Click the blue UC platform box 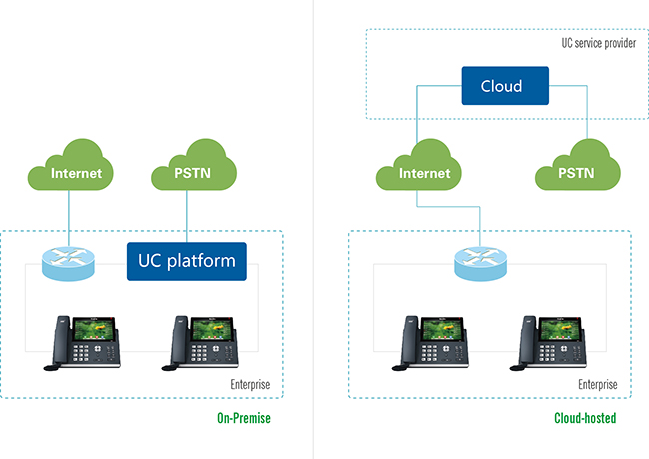(187, 261)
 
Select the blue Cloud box (505, 86)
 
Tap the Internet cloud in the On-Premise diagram (70, 165)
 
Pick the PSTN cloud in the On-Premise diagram (194, 165)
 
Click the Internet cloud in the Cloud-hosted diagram (419, 165)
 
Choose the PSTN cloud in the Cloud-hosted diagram (578, 165)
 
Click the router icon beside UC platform (68, 263)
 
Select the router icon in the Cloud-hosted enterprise (480, 263)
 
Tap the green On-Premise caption (244, 418)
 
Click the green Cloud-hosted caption (585, 418)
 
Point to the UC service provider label (598, 43)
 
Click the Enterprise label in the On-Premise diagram (250, 384)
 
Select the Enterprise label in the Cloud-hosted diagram (598, 384)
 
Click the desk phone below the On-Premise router (82, 343)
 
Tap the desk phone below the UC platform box (200, 343)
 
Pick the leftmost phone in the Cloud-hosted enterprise (430, 343)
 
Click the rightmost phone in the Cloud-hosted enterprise (548, 343)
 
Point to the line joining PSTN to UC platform (187, 217)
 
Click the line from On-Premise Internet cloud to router (69, 219)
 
